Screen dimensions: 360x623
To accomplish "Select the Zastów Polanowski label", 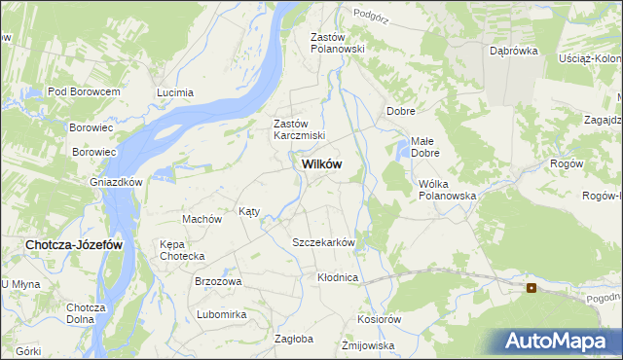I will (x=337, y=43).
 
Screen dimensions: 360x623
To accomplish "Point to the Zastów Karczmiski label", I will (x=299, y=130).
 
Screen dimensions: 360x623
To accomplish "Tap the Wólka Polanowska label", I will (x=446, y=189).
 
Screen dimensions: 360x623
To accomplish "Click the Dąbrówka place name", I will (x=514, y=51).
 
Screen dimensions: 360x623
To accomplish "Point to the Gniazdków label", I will (x=117, y=182).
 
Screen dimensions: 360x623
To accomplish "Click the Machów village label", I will (x=202, y=219).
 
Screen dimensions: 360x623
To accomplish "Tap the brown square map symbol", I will (x=531, y=288).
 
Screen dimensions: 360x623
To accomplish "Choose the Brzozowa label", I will (x=218, y=281).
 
